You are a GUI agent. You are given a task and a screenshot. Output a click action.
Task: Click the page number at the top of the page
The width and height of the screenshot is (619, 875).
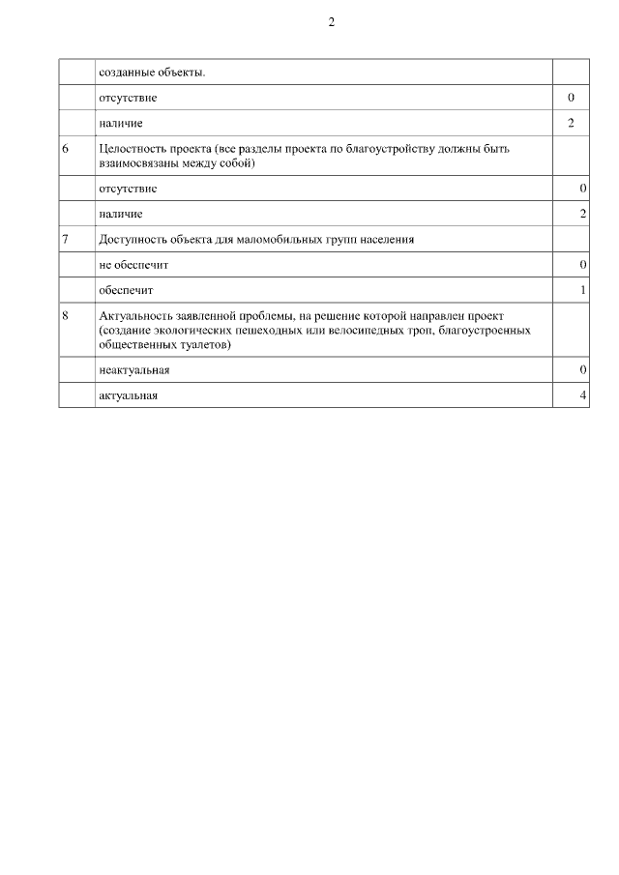pyautogui.click(x=331, y=22)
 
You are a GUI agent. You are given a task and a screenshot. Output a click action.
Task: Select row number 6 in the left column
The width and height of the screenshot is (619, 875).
pyautogui.click(x=65, y=149)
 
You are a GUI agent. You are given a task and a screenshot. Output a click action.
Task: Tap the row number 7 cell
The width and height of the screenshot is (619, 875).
pyautogui.click(x=65, y=239)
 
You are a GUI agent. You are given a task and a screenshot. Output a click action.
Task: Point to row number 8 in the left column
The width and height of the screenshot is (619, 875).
pyautogui.click(x=65, y=315)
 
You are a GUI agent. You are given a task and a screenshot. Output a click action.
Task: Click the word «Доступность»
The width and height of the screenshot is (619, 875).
pyautogui.click(x=133, y=239)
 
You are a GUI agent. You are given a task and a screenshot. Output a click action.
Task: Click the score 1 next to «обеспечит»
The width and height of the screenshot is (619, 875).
pyautogui.click(x=583, y=290)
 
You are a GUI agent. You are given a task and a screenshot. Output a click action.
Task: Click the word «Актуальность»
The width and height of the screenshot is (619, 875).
pyautogui.click(x=134, y=315)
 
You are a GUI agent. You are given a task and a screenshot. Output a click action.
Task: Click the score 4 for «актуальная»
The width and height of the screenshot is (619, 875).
pyautogui.click(x=583, y=396)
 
